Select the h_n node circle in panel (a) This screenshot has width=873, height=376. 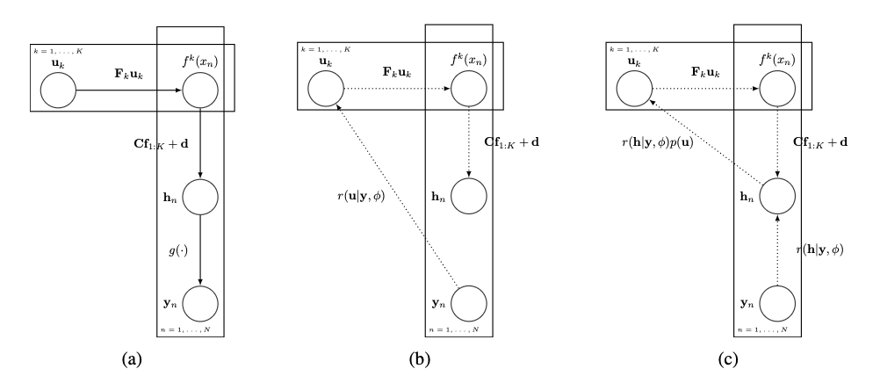pyautogui.click(x=200, y=197)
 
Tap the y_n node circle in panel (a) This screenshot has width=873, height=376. pyautogui.click(x=200, y=303)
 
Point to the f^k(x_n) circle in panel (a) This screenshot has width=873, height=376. pyautogui.click(x=200, y=90)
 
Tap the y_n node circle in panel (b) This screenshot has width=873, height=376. pyautogui.click(x=469, y=303)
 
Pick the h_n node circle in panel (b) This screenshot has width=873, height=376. pyautogui.click(x=469, y=197)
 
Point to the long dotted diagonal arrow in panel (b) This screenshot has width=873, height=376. pyautogui.click(x=395, y=193)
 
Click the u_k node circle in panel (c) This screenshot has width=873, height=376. pyautogui.click(x=633, y=90)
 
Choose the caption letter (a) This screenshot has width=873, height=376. pyautogui.click(x=129, y=358)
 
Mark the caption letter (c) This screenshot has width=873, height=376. pyautogui.click(x=705, y=358)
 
